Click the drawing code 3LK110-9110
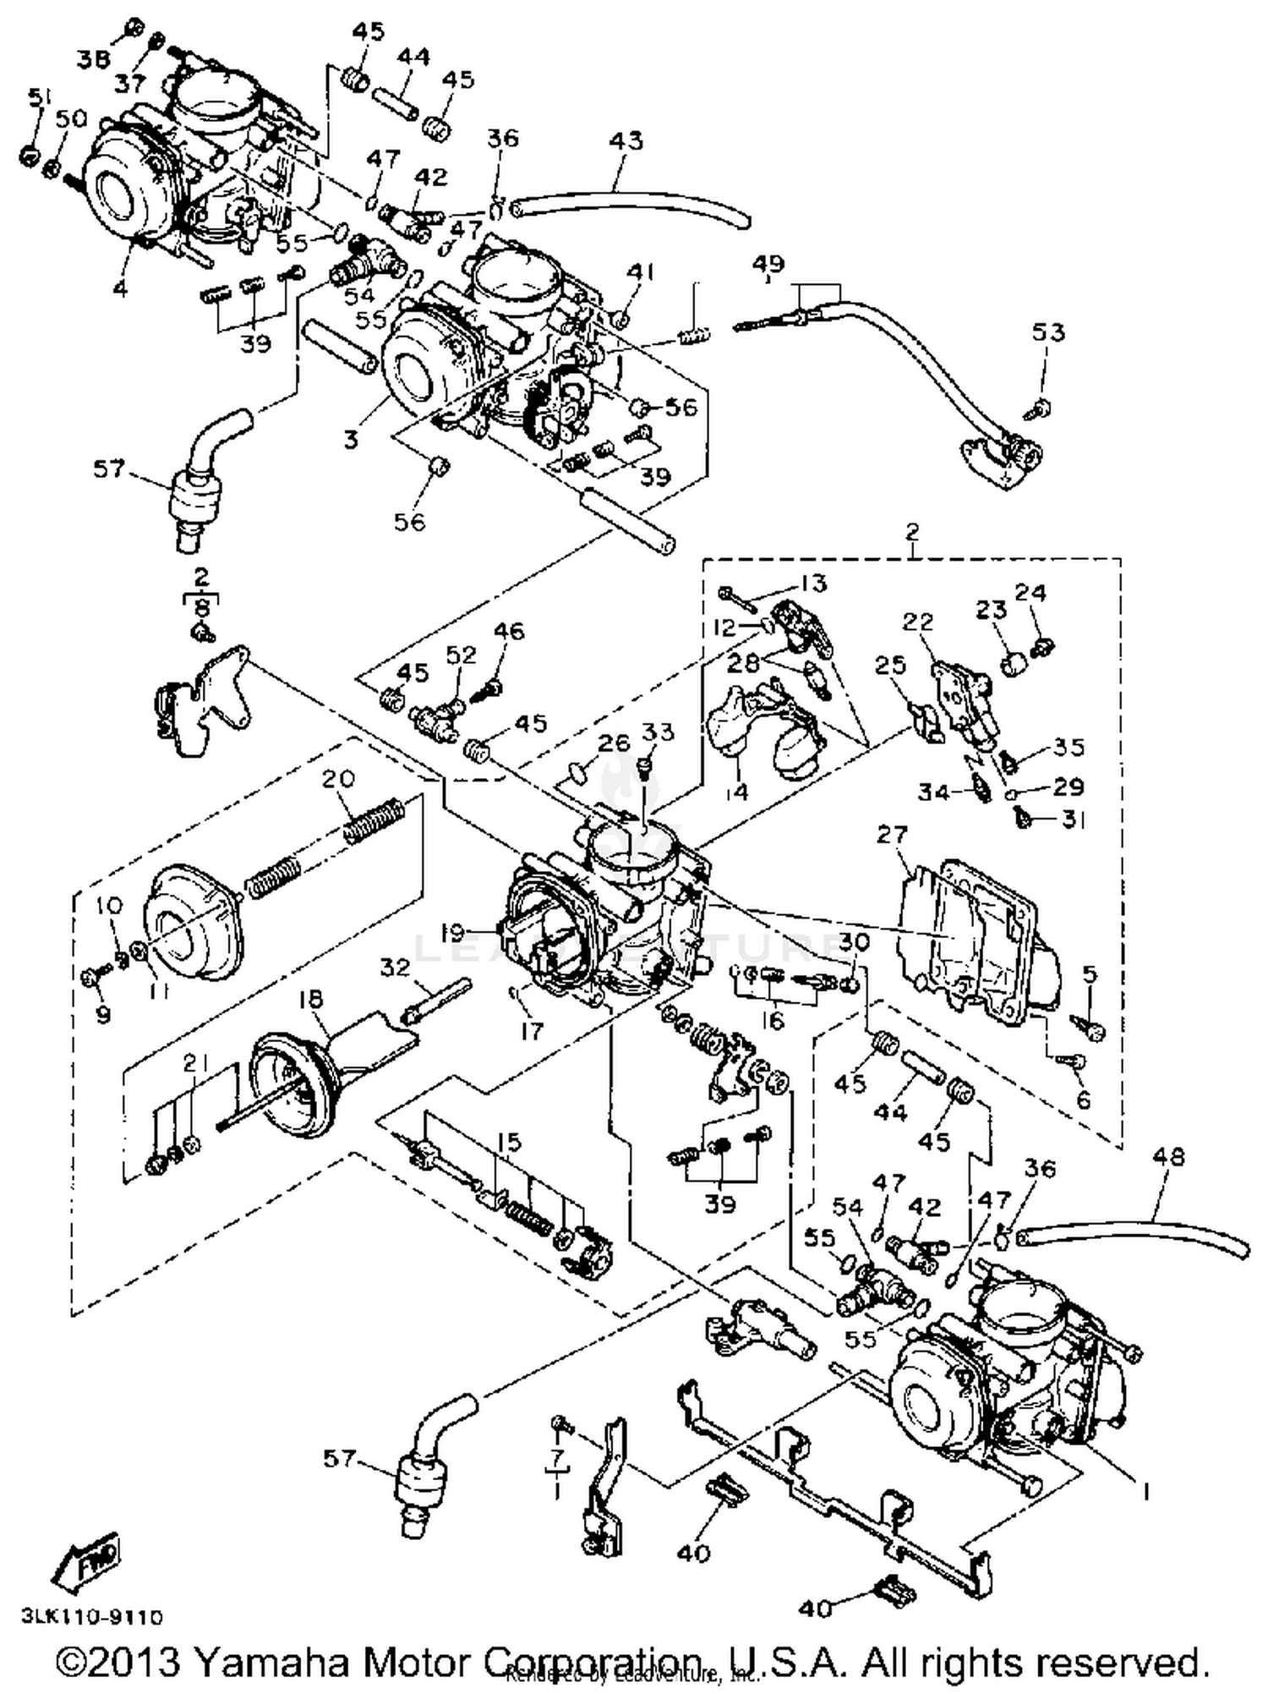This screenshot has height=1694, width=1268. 92,1617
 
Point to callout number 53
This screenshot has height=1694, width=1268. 1047,332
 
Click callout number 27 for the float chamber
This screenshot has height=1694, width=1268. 892,835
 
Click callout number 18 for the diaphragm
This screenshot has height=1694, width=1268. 311,999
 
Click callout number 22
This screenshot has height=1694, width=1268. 917,622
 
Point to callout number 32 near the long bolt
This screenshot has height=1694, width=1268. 395,967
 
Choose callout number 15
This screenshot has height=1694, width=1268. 509,1143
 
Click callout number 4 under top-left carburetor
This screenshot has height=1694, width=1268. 121,289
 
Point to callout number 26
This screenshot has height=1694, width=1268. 615,743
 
